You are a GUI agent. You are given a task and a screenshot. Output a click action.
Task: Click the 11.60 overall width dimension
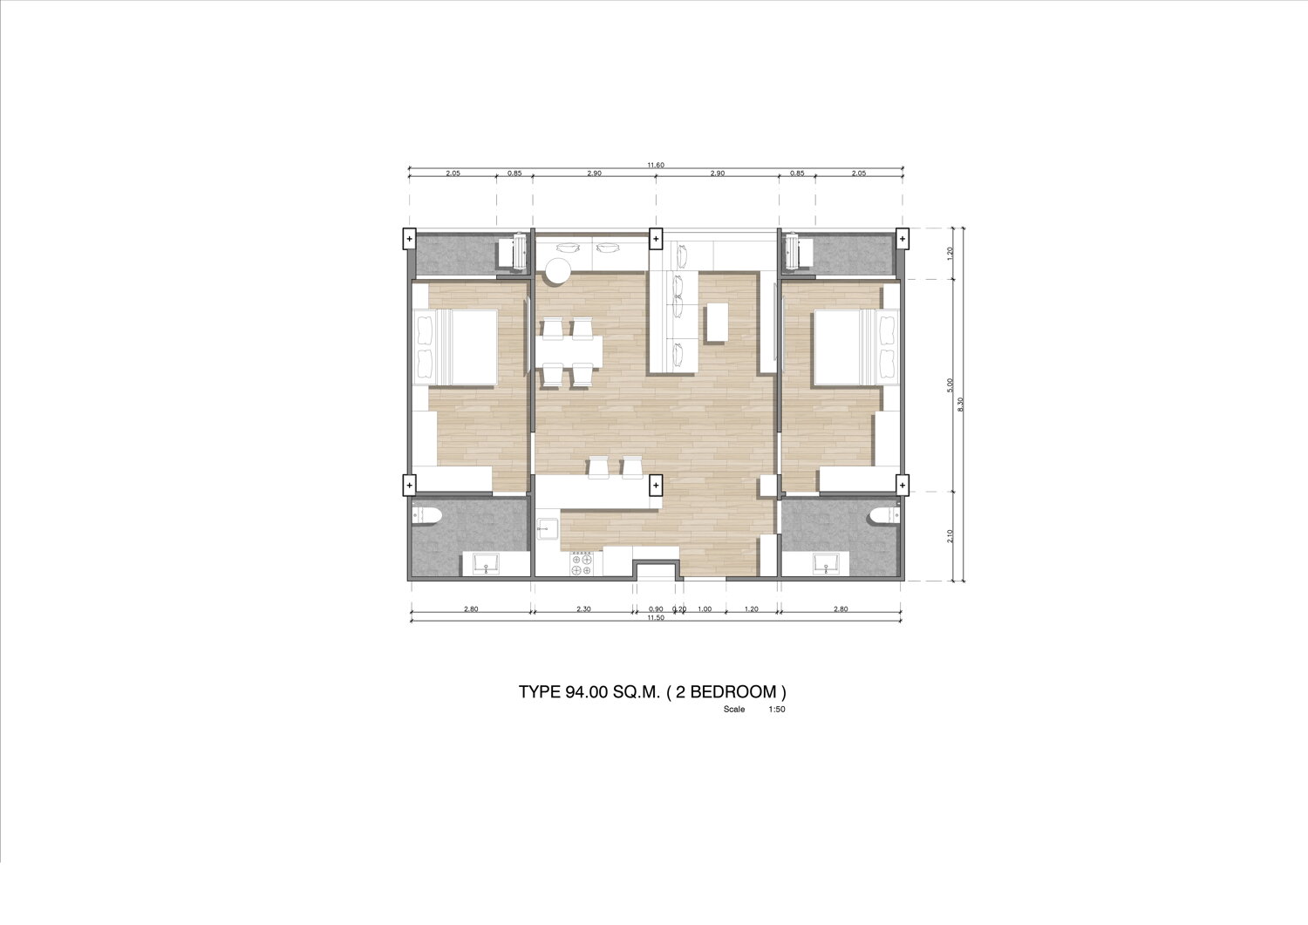656,166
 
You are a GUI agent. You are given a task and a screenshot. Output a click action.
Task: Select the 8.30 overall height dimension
961,405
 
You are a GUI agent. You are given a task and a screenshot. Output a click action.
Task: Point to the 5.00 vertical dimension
950,384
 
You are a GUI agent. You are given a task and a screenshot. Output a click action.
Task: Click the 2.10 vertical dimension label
950,536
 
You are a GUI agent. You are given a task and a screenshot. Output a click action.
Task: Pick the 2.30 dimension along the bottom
583,609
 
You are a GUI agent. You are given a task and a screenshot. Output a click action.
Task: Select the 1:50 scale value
777,710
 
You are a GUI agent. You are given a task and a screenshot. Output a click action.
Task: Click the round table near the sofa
558,271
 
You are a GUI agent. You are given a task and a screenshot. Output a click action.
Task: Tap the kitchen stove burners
582,564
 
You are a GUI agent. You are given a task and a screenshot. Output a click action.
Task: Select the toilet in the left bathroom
422,514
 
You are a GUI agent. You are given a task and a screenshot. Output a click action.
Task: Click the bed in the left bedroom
455,348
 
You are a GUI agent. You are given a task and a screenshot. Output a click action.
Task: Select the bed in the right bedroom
856,348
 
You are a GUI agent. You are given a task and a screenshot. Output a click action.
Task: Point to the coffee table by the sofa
718,323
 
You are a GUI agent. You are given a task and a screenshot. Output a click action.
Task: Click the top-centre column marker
656,239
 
